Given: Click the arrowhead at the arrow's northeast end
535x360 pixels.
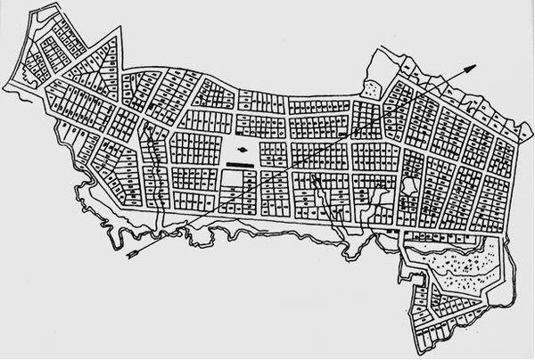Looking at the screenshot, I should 474,66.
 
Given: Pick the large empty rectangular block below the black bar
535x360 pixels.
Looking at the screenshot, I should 233,183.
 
